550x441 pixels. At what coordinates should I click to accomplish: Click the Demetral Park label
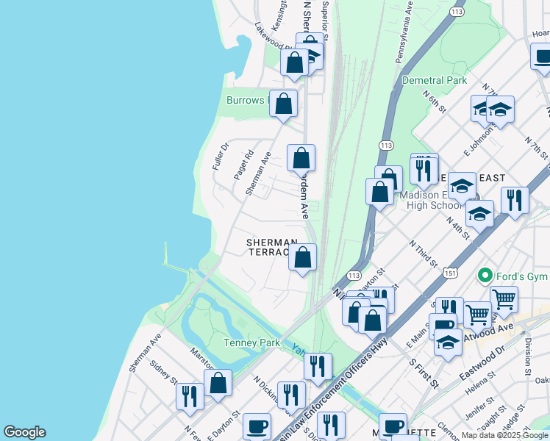click(435, 80)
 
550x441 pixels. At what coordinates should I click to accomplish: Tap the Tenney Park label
click(251, 343)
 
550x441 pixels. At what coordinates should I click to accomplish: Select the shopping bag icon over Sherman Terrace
click(302, 258)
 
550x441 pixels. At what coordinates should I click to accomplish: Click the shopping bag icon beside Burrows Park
click(283, 104)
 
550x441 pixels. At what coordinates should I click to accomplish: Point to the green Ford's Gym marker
click(485, 276)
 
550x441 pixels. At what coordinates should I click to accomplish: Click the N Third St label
click(424, 254)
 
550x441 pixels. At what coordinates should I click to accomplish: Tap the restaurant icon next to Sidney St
click(190, 396)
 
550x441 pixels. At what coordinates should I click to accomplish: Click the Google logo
click(24, 432)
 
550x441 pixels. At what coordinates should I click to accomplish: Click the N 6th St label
click(434, 101)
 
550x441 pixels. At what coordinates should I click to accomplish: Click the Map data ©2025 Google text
click(504, 435)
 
